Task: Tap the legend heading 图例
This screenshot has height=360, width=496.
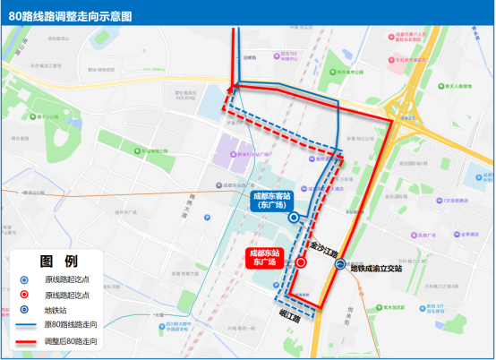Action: (x=59, y=261)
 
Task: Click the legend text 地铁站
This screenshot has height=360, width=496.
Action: (x=58, y=310)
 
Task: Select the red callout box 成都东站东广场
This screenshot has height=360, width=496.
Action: (x=264, y=258)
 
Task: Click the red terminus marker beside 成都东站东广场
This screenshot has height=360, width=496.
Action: (x=301, y=263)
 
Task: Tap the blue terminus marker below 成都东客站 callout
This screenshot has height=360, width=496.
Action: (x=294, y=218)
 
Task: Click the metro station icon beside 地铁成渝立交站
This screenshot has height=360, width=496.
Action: (x=340, y=264)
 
